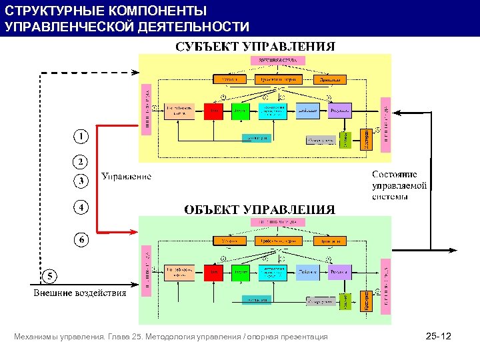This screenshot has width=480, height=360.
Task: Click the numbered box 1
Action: coord(81,137)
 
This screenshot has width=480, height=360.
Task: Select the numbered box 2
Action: coord(81,162)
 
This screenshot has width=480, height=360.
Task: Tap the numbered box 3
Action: coord(81,181)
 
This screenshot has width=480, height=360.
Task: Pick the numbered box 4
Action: coord(81,207)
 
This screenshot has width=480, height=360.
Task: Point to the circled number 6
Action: coord(81,238)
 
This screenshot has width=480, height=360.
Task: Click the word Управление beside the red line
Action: coord(127,177)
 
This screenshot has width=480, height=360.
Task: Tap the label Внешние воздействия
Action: coord(80,293)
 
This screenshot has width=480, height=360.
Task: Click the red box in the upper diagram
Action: coord(213,111)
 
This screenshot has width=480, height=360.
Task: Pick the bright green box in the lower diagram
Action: coord(240,272)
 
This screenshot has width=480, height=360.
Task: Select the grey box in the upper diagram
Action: coord(321,140)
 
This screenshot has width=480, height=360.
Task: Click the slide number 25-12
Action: coord(438,337)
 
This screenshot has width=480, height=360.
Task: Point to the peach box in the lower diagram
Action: coord(179,272)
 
